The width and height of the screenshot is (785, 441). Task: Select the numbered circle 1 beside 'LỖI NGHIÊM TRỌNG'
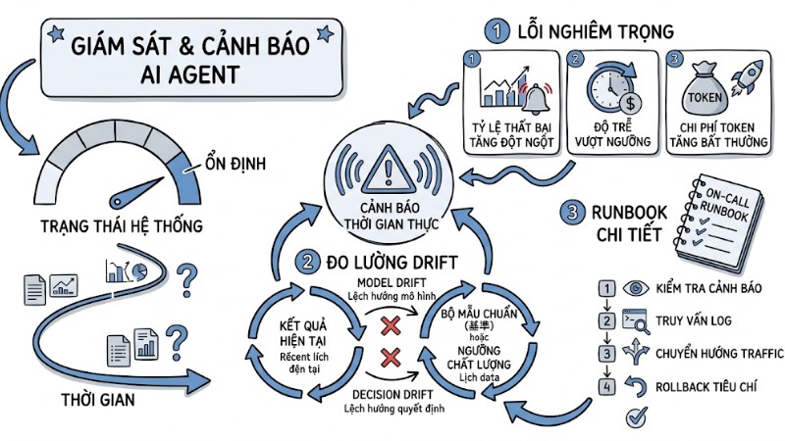pos(500,31)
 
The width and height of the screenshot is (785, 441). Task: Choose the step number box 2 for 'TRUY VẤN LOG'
pos(608,319)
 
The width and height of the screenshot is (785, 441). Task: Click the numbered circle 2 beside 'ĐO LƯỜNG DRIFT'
pos(308,262)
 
